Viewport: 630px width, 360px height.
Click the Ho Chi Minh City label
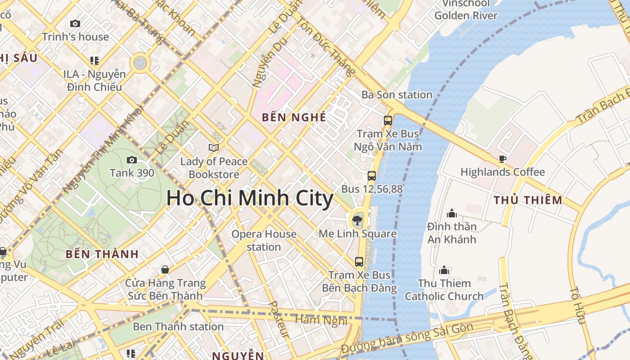(x=250, y=198)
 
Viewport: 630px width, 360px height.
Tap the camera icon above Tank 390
(x=132, y=160)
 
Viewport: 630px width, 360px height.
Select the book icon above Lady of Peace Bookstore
(x=214, y=148)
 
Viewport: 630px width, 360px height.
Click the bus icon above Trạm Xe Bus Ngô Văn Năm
(x=387, y=121)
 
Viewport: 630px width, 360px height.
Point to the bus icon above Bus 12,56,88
(x=372, y=176)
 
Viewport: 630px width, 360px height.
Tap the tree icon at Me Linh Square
(x=357, y=220)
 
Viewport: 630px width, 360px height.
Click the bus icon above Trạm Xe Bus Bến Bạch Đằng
(x=359, y=261)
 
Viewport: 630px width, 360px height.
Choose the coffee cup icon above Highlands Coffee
(x=503, y=159)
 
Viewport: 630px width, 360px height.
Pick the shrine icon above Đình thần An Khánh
(x=451, y=213)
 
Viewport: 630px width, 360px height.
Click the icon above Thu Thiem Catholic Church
(x=444, y=270)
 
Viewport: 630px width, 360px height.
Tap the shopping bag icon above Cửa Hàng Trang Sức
(x=165, y=270)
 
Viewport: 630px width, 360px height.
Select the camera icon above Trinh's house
(x=75, y=23)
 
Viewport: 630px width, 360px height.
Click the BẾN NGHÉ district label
(x=294, y=117)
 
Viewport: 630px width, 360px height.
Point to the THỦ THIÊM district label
(x=528, y=200)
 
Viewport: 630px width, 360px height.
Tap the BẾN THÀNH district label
(x=102, y=254)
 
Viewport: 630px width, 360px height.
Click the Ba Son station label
(x=397, y=95)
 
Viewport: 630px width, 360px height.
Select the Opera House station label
(x=264, y=240)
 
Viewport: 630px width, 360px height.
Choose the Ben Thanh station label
(x=178, y=326)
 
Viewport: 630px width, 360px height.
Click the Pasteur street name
(x=278, y=319)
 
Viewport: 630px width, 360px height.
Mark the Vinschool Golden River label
(x=466, y=9)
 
